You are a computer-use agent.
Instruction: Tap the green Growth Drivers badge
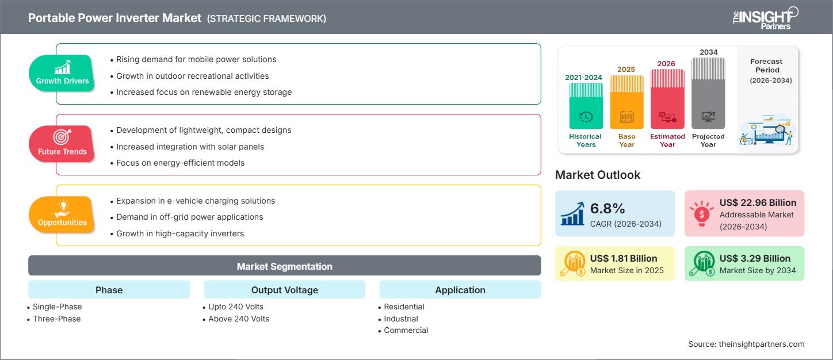[62, 73]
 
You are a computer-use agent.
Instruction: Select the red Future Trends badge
[62, 144]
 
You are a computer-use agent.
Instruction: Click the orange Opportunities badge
[62, 215]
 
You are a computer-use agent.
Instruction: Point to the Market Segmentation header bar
[284, 266]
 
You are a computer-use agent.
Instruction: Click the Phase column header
[109, 290]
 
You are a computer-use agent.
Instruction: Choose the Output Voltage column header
[284, 290]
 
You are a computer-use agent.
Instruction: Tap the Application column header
[460, 290]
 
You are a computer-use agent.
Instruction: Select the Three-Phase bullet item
[56, 319]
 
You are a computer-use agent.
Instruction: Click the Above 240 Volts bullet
[238, 319]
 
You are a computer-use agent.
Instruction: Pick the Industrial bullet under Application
[401, 319]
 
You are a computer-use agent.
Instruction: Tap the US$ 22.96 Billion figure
[758, 202]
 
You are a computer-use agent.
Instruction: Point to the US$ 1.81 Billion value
[624, 258]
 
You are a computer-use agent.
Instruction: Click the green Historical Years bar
[586, 106]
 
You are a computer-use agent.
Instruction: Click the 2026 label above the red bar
[667, 63]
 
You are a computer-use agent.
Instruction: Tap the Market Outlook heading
[597, 175]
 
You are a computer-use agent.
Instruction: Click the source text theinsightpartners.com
[746, 344]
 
